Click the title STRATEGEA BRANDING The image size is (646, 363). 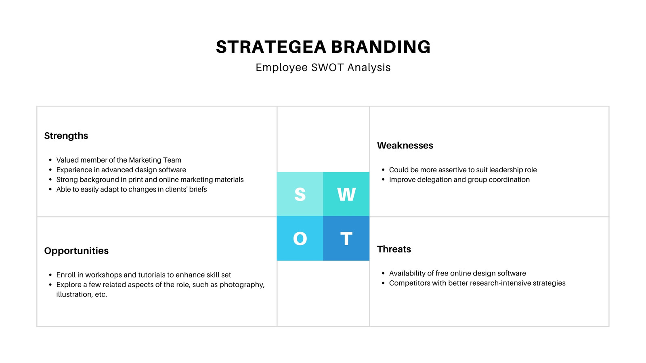coord(323,47)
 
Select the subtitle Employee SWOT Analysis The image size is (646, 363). coord(323,67)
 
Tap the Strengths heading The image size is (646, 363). coord(66,136)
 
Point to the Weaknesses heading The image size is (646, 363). coord(405,146)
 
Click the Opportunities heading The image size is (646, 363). coord(76,251)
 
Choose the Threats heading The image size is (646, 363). coord(394,249)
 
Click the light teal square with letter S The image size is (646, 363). coord(300,194)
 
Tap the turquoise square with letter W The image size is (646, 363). coord(346,194)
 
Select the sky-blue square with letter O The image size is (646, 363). coord(300,238)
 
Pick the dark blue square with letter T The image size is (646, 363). coord(346,238)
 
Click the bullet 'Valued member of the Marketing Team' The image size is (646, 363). coord(119,160)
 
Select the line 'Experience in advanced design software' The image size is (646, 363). coord(121,170)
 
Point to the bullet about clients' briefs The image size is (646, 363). coord(132,189)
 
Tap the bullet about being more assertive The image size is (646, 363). coord(463,170)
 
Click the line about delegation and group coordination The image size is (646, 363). coord(459,180)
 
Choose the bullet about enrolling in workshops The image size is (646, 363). coord(144,275)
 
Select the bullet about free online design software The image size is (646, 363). coord(457,273)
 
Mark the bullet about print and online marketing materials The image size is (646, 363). coord(150,180)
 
